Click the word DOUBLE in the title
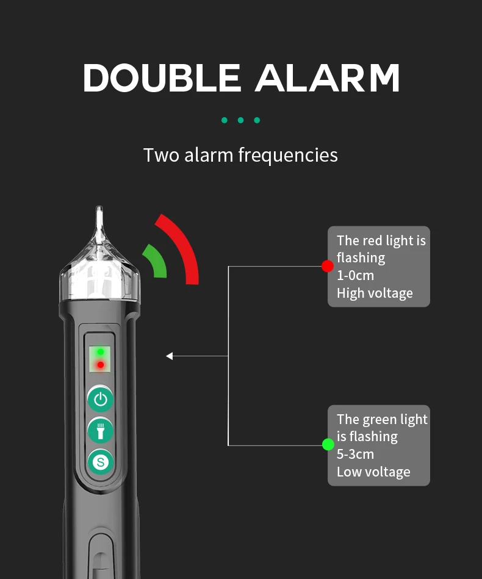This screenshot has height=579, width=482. (162, 77)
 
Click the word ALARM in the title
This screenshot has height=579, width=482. (327, 77)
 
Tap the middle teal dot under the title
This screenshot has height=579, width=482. (241, 120)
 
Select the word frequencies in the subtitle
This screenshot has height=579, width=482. (288, 155)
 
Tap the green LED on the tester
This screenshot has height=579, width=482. (101, 352)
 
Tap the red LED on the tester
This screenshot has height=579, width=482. (101, 365)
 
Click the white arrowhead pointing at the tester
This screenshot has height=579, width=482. (170, 356)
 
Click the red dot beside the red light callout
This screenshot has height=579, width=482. (328, 266)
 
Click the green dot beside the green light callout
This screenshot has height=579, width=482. (328, 445)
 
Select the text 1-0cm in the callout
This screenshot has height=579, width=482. (355, 276)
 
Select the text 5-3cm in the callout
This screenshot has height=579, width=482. (355, 454)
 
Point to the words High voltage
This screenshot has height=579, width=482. (375, 293)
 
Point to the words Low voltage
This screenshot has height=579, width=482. (373, 472)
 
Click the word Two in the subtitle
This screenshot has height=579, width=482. (162, 155)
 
